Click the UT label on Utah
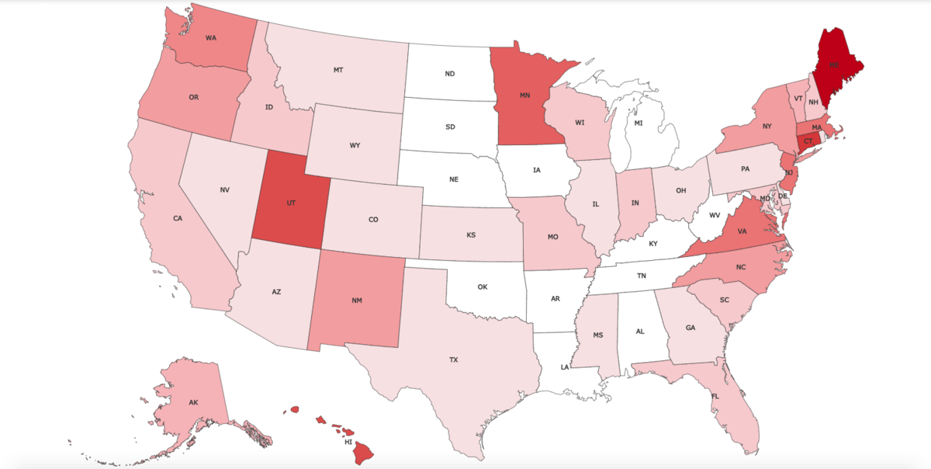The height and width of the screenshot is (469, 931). pyautogui.click(x=291, y=202)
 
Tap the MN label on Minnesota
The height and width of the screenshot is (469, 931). pyautogui.click(x=524, y=96)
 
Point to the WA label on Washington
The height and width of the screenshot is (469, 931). pyautogui.click(x=211, y=37)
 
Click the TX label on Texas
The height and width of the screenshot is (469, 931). pyautogui.click(x=454, y=360)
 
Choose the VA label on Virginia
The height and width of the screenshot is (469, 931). pyautogui.click(x=742, y=231)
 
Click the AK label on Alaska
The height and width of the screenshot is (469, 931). pyautogui.click(x=193, y=402)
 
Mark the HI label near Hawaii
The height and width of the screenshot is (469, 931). pyautogui.click(x=348, y=442)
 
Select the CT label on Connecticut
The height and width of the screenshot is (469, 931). pyautogui.click(x=808, y=141)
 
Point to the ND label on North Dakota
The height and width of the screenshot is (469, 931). pyautogui.click(x=450, y=75)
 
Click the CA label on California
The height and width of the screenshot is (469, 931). pyautogui.click(x=178, y=218)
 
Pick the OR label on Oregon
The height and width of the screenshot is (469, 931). pyautogui.click(x=194, y=97)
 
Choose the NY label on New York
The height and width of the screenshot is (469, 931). pyautogui.click(x=767, y=126)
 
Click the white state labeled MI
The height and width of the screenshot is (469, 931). pyautogui.click(x=639, y=123)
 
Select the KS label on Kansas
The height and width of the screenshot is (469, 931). pyautogui.click(x=471, y=234)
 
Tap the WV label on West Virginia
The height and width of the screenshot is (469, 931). pyautogui.click(x=715, y=214)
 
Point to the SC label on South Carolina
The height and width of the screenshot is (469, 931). pyautogui.click(x=725, y=300)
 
